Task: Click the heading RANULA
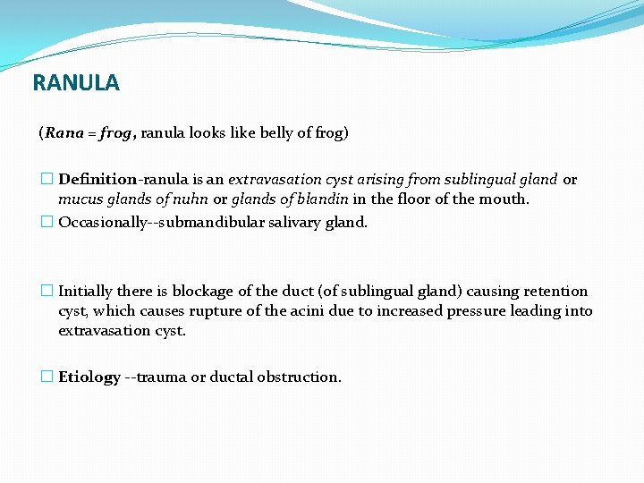pyautogui.click(x=75, y=83)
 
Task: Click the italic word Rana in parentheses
pyautogui.click(x=63, y=133)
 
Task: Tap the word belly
pyautogui.click(x=259, y=133)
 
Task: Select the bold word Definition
pyautogui.click(x=97, y=180)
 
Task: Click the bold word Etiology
pyautogui.click(x=89, y=377)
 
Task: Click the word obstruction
pyautogui.click(x=301, y=377)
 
